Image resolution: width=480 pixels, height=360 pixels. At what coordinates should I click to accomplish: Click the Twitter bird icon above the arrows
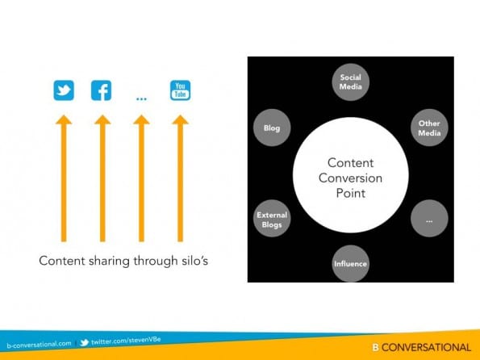(x=64, y=90)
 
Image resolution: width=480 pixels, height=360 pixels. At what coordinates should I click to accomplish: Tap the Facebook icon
(x=102, y=90)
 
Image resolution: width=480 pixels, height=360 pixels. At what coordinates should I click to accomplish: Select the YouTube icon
(x=181, y=90)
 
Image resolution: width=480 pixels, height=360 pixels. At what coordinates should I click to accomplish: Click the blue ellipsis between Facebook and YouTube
(x=141, y=98)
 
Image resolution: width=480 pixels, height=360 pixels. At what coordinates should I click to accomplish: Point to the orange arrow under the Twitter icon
(x=64, y=178)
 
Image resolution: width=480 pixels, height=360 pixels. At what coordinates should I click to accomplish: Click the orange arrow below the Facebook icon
(x=102, y=178)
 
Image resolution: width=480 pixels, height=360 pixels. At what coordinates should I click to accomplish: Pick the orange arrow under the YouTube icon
(x=181, y=178)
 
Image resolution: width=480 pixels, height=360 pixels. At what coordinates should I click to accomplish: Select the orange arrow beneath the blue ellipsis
(x=141, y=178)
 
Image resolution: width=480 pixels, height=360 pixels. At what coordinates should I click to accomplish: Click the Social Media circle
(x=350, y=82)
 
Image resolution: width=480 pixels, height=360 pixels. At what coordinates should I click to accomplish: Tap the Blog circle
(x=272, y=128)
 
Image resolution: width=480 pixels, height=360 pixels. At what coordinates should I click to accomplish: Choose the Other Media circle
(x=429, y=128)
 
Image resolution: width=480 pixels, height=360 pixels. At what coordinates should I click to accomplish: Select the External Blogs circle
(x=272, y=219)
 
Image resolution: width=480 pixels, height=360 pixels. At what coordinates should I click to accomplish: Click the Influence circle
(x=350, y=263)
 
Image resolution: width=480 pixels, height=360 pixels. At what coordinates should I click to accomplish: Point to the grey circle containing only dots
(x=429, y=219)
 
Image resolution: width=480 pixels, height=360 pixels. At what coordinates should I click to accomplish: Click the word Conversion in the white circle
(x=350, y=178)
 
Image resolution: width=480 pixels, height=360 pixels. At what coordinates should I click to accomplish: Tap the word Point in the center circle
(x=351, y=193)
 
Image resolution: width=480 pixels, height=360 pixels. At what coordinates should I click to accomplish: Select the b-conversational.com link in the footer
(x=39, y=345)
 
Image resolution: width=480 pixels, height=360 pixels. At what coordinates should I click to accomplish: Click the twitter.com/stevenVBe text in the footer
(x=126, y=341)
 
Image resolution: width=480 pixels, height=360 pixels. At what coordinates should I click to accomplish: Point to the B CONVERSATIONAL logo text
(x=422, y=347)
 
